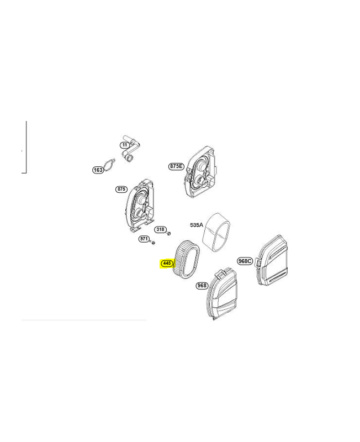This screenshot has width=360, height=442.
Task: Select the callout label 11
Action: [x=125, y=145]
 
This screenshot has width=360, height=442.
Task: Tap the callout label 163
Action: [x=98, y=170]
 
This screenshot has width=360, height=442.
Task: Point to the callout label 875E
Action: [x=176, y=166]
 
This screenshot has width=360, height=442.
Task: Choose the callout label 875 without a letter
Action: [x=121, y=189]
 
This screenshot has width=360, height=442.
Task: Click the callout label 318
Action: [x=160, y=229]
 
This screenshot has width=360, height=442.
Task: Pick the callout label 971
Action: [x=144, y=239]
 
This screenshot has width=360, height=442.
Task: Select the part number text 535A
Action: [x=197, y=225]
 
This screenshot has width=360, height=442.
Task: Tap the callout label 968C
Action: [x=245, y=261]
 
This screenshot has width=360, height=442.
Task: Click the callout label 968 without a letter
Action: [x=202, y=286]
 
